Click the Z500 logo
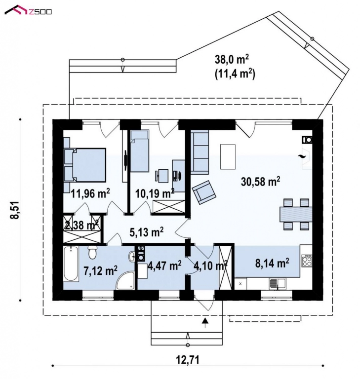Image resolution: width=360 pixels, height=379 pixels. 28,10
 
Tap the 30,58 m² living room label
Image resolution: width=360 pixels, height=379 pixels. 261,181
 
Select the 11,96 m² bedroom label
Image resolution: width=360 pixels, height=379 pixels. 90,193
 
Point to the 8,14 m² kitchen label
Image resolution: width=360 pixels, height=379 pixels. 272,263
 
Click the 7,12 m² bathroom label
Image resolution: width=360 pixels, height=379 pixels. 101,270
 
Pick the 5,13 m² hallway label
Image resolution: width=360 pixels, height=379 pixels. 147,232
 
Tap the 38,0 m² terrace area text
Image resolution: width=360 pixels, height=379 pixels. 232,59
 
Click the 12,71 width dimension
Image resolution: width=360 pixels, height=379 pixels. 188,360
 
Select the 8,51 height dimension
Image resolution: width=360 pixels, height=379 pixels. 15,210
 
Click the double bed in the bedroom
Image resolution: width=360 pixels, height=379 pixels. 85,165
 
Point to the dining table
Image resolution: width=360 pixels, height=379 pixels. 296,214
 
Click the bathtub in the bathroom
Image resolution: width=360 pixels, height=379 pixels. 71,264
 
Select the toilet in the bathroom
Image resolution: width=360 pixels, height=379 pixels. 92,252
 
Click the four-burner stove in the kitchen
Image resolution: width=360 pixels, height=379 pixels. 307,261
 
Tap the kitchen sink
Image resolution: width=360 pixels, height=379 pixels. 278,284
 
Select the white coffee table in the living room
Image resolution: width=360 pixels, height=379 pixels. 228,156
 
